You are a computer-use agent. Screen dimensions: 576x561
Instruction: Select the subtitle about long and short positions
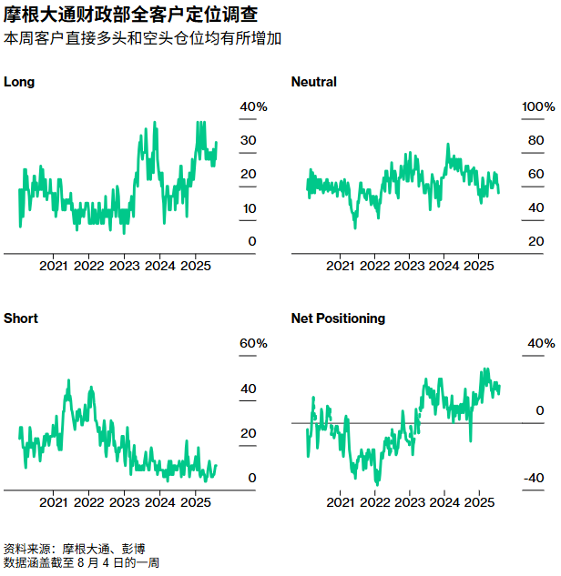[x=142, y=39]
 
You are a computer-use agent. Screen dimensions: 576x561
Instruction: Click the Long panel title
[x=19, y=82]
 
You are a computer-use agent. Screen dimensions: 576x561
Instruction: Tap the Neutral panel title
[x=313, y=82]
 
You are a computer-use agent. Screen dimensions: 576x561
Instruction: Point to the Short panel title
[x=21, y=318]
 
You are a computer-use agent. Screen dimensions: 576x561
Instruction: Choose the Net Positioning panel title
[x=338, y=318]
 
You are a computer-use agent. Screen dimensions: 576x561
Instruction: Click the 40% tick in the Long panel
[x=253, y=107]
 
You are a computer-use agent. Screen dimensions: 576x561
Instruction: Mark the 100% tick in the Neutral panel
[x=537, y=107]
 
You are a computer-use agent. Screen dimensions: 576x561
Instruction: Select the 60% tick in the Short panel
[x=253, y=344]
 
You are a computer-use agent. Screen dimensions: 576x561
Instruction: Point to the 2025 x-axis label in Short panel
[x=195, y=502]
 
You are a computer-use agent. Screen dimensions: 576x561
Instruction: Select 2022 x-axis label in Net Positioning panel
[x=374, y=502]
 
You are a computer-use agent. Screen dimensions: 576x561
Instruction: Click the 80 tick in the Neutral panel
[x=535, y=141]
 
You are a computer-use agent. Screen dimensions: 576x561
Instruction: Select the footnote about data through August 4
[x=82, y=563]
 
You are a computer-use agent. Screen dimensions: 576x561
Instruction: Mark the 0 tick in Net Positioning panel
[x=539, y=411]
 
